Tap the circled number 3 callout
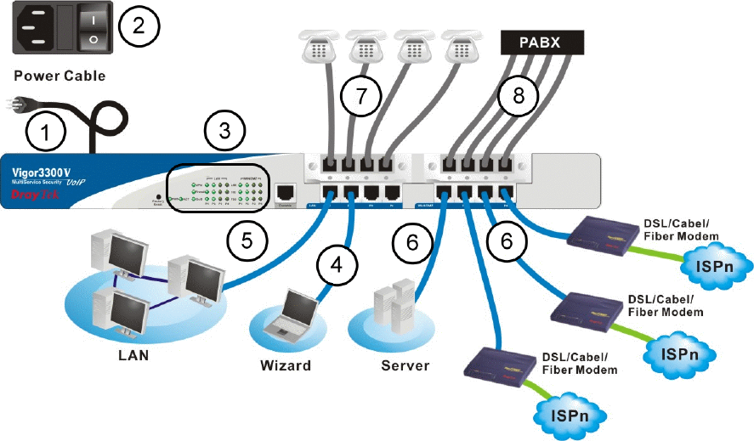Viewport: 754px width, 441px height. point(224,132)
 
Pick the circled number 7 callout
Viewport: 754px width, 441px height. point(363,96)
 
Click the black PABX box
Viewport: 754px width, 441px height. point(544,41)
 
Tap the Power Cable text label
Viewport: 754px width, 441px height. point(60,76)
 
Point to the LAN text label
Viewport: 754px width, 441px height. point(133,355)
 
